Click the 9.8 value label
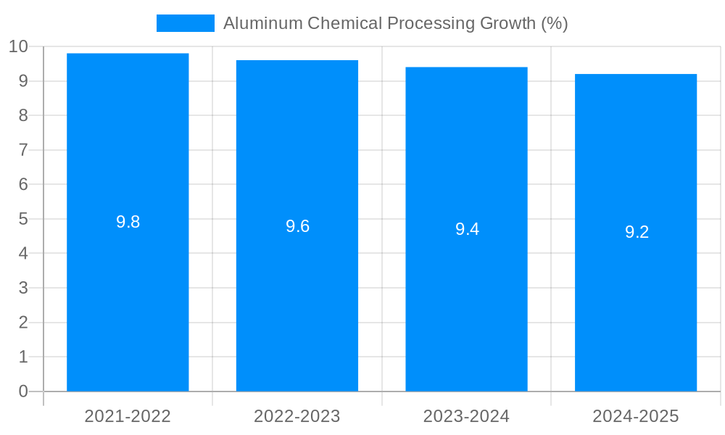[128, 223]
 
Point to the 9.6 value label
[297, 226]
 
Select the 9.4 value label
[467, 230]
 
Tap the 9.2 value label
[637, 233]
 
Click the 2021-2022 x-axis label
[128, 416]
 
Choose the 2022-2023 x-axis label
[297, 416]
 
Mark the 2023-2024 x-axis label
[466, 416]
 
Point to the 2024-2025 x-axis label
[636, 416]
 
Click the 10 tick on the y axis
[19, 46]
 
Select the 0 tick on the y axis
[23, 391]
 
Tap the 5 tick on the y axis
[23, 219]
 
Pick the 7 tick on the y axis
[23, 150]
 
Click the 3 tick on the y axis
[23, 288]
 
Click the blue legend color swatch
[186, 23]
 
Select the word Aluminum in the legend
[262, 23]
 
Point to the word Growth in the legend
[507, 23]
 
